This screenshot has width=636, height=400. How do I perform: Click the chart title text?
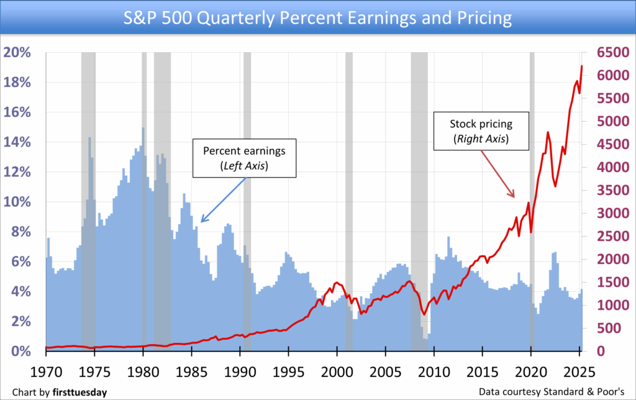coord(317,17)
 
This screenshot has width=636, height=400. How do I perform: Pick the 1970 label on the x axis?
coord(47,371)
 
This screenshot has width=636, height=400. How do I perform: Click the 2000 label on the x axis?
coord(337,371)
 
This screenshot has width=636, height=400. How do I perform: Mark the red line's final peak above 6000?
coord(581,66)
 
